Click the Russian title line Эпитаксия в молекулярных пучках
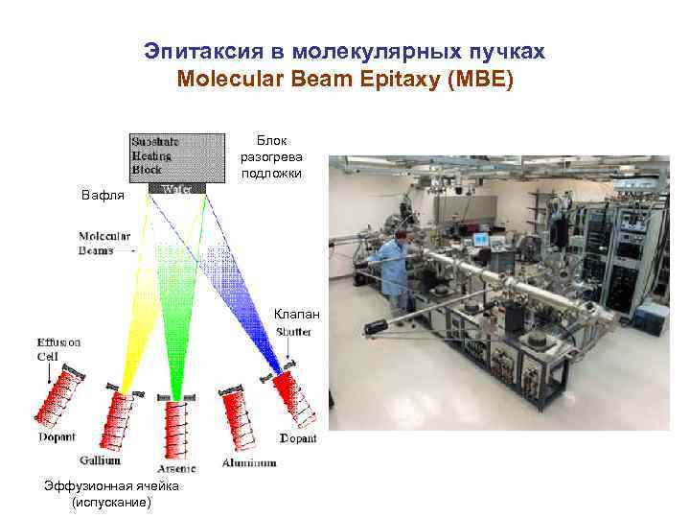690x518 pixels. click(345, 51)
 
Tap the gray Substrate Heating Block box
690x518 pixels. click(177, 154)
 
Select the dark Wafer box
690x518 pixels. click(178, 189)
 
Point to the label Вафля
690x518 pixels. click(103, 196)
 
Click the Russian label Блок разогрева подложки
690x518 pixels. click(272, 156)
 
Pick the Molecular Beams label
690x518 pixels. click(105, 244)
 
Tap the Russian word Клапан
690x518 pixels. click(294, 314)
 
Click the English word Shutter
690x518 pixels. click(294, 332)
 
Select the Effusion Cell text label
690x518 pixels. click(58, 348)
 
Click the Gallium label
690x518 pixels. click(101, 460)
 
